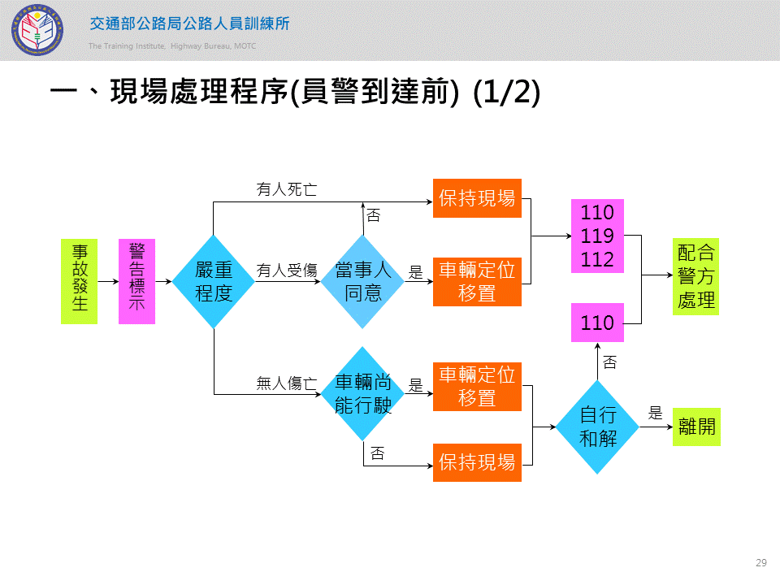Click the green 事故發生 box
tap(79, 281)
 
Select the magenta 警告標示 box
tap(136, 281)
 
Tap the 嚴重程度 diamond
tap(214, 281)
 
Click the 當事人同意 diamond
tap(362, 281)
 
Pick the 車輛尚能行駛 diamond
tap(363, 394)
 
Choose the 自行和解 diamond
tap(598, 426)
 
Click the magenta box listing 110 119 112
tap(597, 236)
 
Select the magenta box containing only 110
tap(597, 323)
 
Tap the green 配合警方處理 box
tap(696, 276)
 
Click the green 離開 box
tap(696, 426)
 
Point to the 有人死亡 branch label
tap(287, 189)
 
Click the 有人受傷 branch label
tap(287, 271)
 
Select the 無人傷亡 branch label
tap(287, 383)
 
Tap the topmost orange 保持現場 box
tap(477, 198)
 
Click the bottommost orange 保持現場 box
tap(477, 462)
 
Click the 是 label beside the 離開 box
tap(655, 414)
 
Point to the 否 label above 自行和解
tap(609, 363)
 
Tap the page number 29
tap(761, 563)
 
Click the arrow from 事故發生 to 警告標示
tap(107, 281)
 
